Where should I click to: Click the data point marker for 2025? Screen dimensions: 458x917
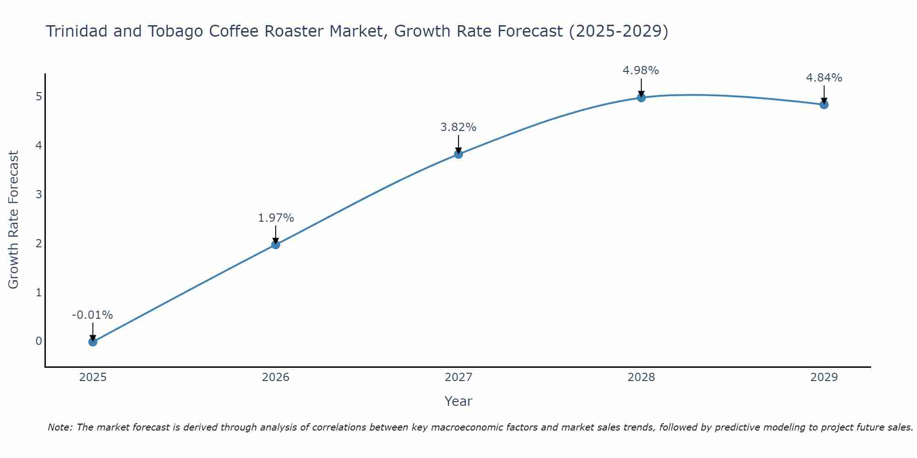coord(93,342)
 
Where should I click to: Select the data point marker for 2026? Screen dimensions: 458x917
coord(276,245)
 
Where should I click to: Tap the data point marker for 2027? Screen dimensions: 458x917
coord(458,154)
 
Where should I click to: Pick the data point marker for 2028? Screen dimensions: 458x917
coord(641,98)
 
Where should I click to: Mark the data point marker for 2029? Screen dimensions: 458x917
coord(824,104)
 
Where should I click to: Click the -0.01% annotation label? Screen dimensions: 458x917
coord(93,315)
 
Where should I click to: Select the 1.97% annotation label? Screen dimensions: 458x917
coord(276,218)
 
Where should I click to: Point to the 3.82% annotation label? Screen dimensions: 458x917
coord(458,127)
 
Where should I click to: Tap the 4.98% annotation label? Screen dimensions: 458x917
coord(641,71)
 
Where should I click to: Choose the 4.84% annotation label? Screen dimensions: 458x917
coord(824,78)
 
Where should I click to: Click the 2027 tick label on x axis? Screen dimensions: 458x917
coord(458,377)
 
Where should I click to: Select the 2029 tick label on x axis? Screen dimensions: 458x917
coord(824,377)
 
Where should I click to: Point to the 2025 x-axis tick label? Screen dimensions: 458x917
coord(93,377)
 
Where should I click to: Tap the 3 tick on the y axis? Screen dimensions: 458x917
coord(39,194)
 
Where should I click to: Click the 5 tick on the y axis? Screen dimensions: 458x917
coord(39,97)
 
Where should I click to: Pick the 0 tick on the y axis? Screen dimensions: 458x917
coord(39,341)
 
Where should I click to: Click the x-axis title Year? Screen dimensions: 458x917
coord(458,401)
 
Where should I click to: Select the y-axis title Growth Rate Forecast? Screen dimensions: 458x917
coord(14,220)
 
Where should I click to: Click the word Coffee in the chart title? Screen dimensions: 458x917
coord(233,31)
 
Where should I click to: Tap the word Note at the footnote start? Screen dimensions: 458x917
coord(60,427)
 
